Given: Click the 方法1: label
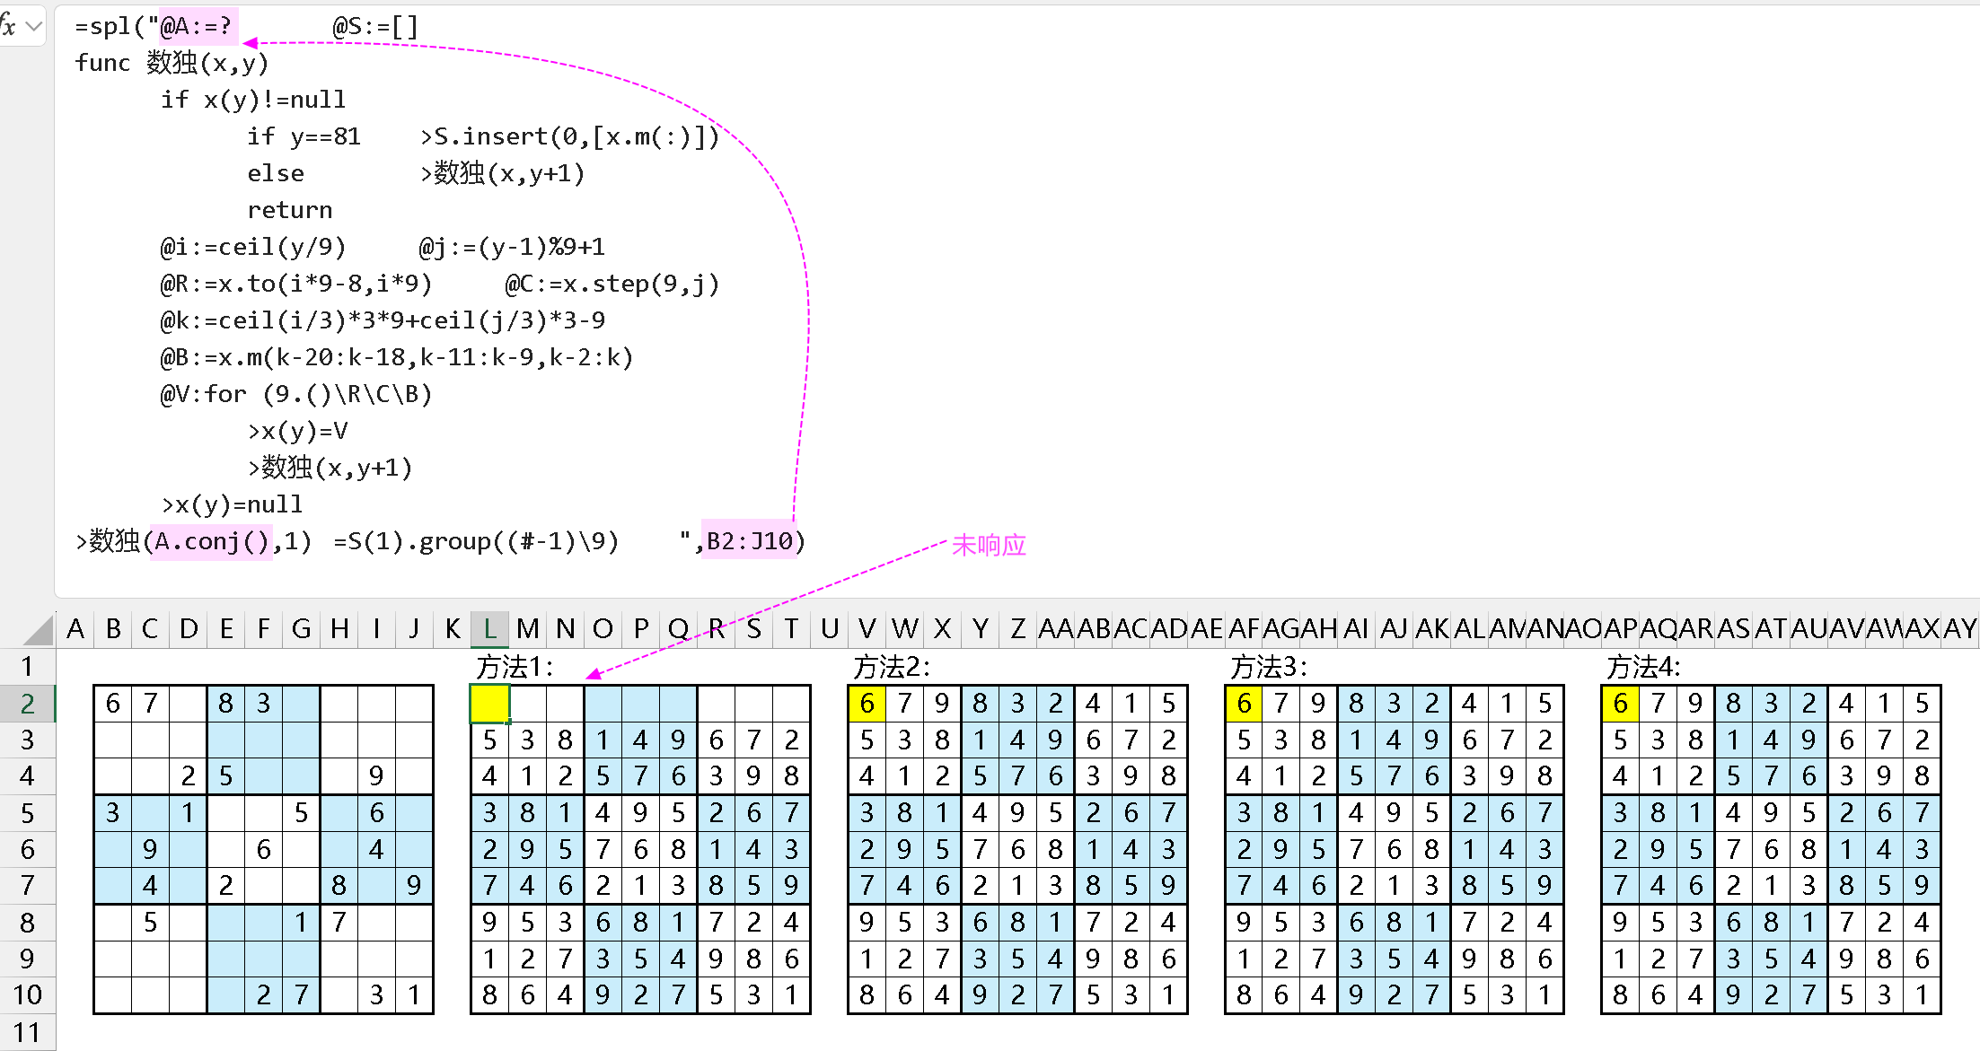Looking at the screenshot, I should [x=515, y=667].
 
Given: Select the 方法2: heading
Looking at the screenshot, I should [x=891, y=667].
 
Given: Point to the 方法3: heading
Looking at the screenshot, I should [x=1268, y=667].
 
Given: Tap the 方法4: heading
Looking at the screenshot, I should [x=1643, y=667].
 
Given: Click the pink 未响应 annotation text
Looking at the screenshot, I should [x=989, y=545].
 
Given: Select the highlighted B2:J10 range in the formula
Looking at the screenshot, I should [x=749, y=541].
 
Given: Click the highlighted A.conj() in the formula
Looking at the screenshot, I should [x=212, y=541].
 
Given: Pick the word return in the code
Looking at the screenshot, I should [x=290, y=210].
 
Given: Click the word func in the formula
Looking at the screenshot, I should [x=102, y=63].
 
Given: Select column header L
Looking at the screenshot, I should [x=489, y=628].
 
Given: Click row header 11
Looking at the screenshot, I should [x=27, y=1032].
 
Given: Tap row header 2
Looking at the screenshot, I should [x=27, y=704].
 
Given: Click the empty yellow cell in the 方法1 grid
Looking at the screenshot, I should [x=490, y=704].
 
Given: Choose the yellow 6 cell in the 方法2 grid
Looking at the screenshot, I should [x=867, y=704].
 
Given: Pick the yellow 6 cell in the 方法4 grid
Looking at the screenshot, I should [x=1620, y=704].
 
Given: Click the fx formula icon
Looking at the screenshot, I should [x=9, y=26].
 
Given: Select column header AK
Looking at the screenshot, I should [x=1431, y=628].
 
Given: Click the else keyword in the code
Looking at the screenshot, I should [x=276, y=173].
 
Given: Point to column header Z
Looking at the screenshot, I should [x=1017, y=628].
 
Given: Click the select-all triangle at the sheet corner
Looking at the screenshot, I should [x=39, y=629].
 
